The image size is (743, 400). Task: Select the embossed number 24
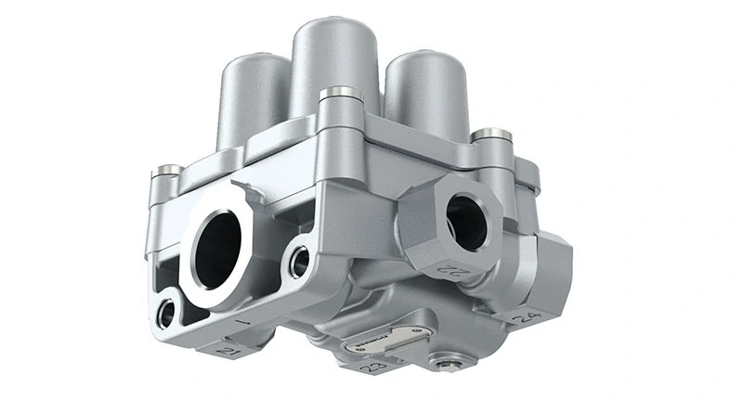click(525, 316)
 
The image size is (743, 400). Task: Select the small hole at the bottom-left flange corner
click(166, 314)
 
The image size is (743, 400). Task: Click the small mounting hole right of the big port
click(299, 262)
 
